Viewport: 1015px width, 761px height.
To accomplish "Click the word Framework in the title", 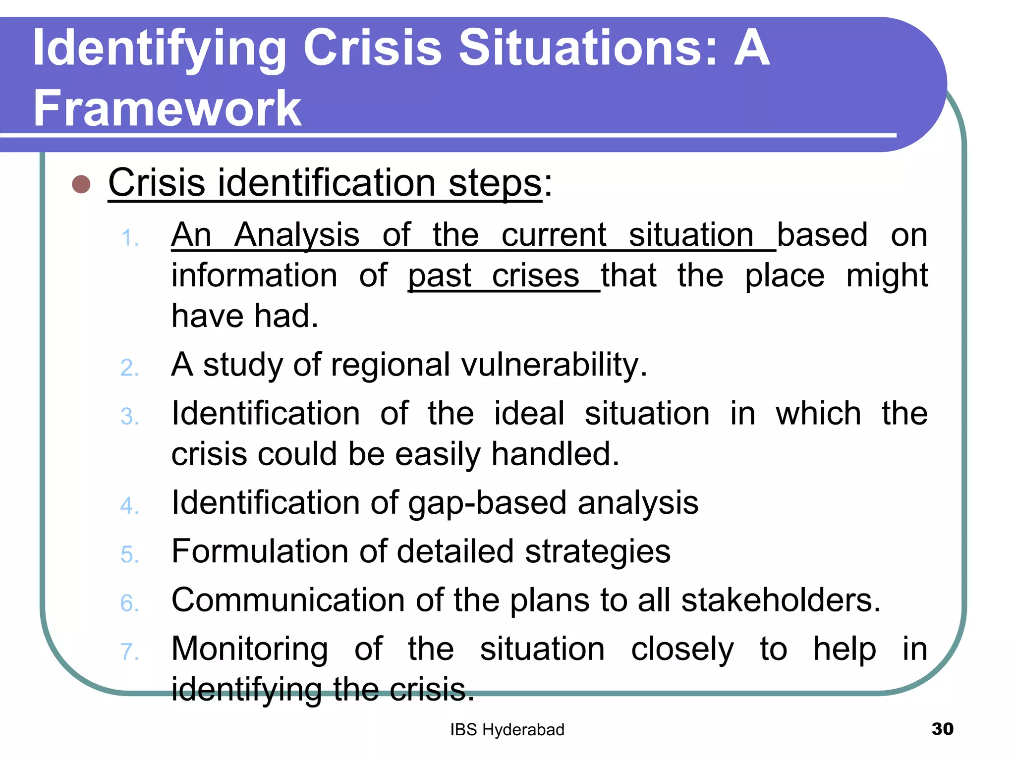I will point(168,109).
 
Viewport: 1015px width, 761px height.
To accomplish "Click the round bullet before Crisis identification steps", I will point(81,184).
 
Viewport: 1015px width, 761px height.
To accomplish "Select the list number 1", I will point(129,238).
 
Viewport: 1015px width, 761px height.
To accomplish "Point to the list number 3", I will point(129,417).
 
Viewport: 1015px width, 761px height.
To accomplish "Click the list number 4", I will point(129,506).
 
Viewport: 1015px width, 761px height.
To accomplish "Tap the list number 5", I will point(129,554).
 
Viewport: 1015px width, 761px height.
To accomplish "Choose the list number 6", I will point(129,603).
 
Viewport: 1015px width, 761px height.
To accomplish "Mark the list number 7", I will point(129,652).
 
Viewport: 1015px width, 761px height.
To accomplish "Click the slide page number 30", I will point(942,729).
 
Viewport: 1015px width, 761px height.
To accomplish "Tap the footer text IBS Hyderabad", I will point(507,730).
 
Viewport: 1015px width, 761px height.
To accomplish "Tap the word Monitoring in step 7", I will point(250,649).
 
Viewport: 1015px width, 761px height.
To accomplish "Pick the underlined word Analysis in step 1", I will point(297,235).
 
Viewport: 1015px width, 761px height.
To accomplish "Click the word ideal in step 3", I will point(529,413).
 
